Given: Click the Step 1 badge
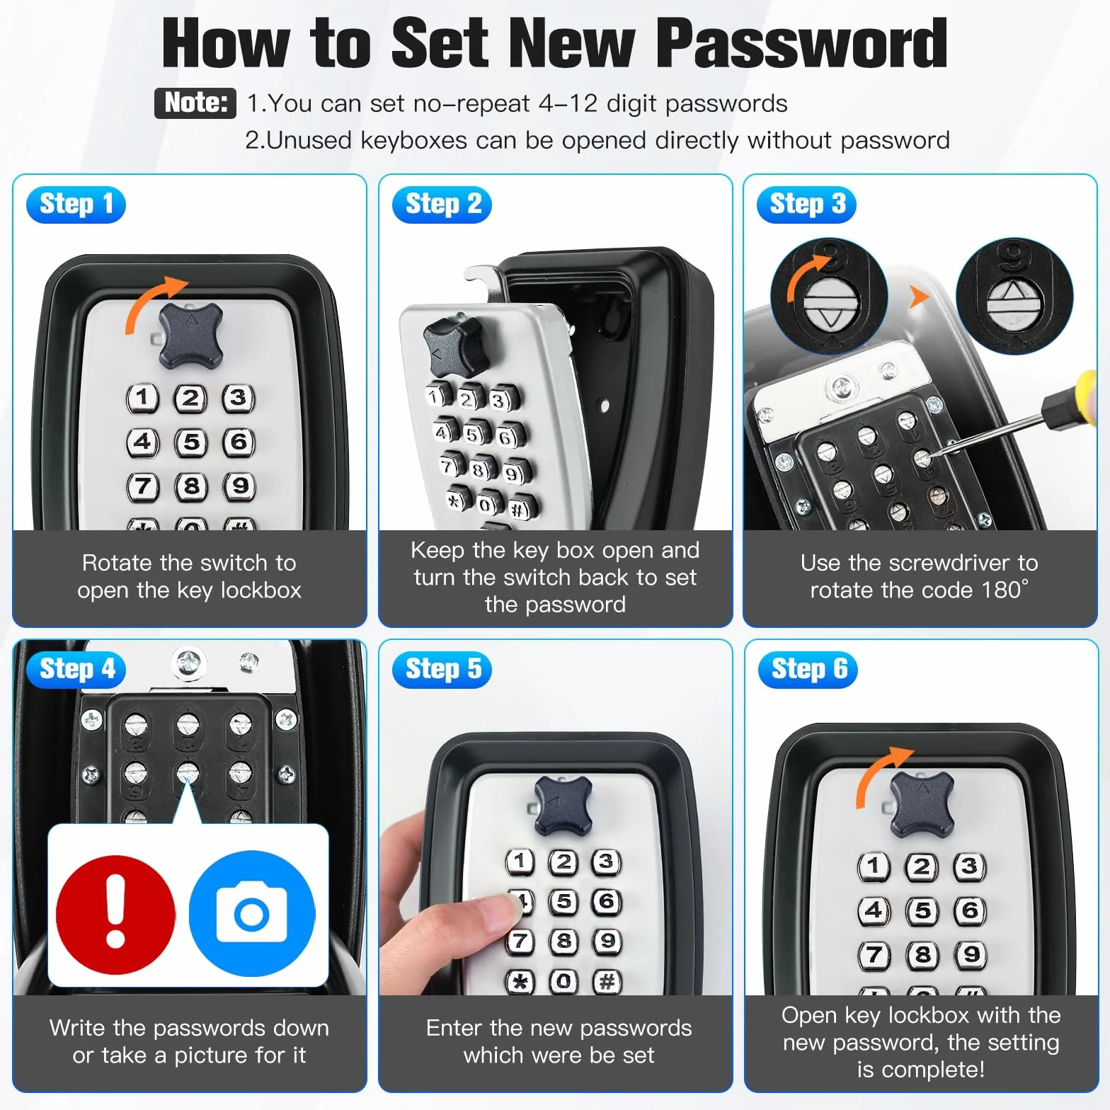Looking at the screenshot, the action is click(76, 205).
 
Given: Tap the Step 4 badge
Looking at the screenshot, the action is click(76, 670).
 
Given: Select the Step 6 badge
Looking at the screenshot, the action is click(808, 670).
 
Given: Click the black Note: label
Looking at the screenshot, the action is click(195, 103).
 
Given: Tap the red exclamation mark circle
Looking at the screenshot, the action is click(115, 914).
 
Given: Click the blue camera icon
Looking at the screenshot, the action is click(252, 914).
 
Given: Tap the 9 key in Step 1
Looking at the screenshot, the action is click(239, 486).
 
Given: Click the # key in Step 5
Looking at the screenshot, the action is click(607, 982).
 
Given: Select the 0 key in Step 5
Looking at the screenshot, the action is click(563, 982).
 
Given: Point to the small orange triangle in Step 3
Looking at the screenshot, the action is click(918, 297).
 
